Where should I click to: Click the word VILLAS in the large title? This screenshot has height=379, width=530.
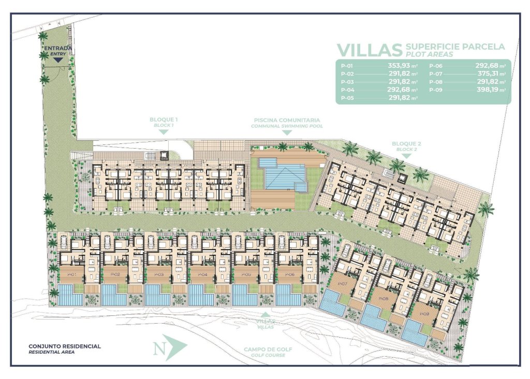pyautogui.click(x=369, y=50)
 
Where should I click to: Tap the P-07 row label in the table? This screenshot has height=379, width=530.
pyautogui.click(x=435, y=74)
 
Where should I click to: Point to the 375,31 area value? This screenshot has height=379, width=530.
pyautogui.click(x=490, y=74)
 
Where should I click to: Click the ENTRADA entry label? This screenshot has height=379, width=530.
pyautogui.click(x=57, y=49)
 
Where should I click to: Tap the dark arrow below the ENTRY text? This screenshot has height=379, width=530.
pyautogui.click(x=58, y=60)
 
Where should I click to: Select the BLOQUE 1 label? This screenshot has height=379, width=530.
pyautogui.click(x=163, y=120)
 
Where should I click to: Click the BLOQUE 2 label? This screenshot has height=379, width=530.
pyautogui.click(x=406, y=143)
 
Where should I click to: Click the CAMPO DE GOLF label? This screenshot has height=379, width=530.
pyautogui.click(x=268, y=349)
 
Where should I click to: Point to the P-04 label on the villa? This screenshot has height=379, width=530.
pyautogui.click(x=202, y=274)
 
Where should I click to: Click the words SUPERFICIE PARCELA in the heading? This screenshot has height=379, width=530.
pyautogui.click(x=456, y=47)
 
